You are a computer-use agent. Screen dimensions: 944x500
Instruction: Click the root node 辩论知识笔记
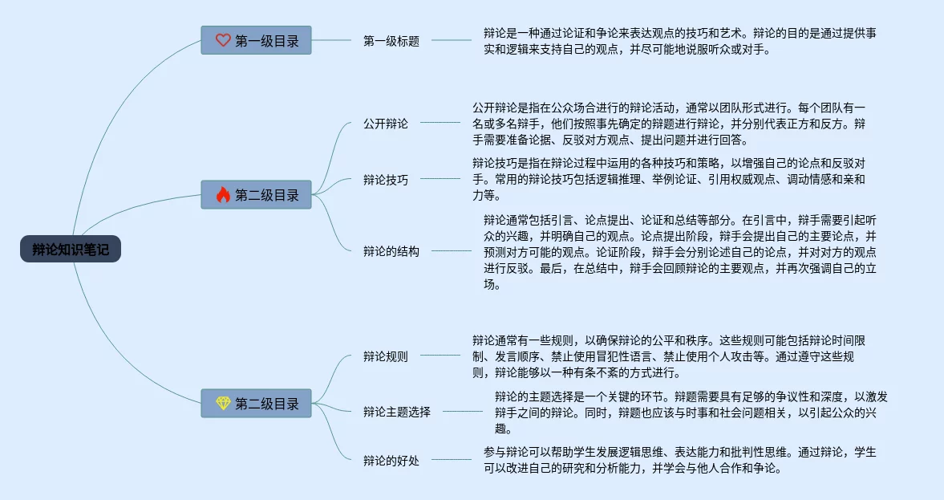point(71,250)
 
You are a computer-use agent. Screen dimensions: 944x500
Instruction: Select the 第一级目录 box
point(256,40)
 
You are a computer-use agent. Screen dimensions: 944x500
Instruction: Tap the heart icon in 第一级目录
point(223,40)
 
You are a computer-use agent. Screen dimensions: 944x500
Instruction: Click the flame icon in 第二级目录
point(223,195)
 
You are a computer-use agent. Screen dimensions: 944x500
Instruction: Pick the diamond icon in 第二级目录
point(223,404)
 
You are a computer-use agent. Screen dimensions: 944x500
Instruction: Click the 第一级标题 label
point(391,41)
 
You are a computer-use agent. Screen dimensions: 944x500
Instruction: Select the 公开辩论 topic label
point(386,124)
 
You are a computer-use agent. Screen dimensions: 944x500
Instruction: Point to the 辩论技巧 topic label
point(386,180)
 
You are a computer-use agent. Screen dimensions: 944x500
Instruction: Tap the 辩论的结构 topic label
point(391,250)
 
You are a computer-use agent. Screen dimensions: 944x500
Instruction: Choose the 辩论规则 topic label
point(386,356)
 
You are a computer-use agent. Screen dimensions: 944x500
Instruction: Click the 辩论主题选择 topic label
point(397,412)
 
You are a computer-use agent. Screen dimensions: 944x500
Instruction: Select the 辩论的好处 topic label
point(391,461)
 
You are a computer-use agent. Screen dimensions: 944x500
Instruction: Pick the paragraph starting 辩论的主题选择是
point(690,412)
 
